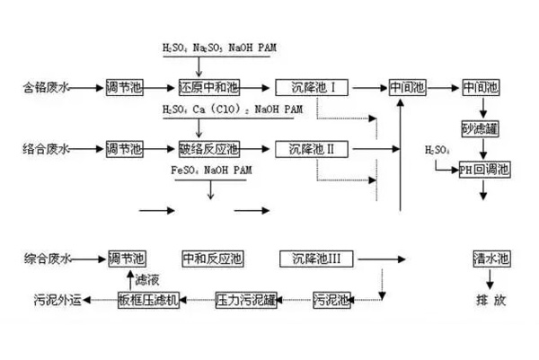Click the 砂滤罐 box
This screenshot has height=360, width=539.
[480, 128]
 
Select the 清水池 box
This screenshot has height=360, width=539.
[490, 259]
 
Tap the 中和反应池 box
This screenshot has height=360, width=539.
[212, 259]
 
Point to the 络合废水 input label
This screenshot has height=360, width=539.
[46, 147]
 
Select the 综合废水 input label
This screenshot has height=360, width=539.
[46, 259]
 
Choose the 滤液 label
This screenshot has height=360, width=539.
[146, 279]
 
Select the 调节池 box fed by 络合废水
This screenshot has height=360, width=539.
[124, 147]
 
